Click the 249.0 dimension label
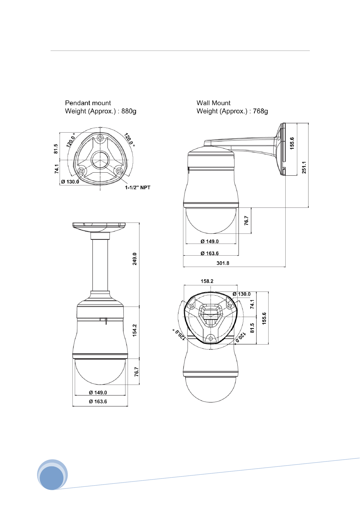tap(135, 259)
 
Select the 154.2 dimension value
tap(135, 330)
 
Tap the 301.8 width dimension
tap(223, 263)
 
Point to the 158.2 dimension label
tap(207, 281)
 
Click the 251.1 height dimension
tap(304, 167)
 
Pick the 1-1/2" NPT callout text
tap(138, 187)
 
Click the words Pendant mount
tap(88, 103)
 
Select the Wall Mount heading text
tap(213, 103)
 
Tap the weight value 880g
tap(129, 111)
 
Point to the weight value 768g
tap(260, 111)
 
